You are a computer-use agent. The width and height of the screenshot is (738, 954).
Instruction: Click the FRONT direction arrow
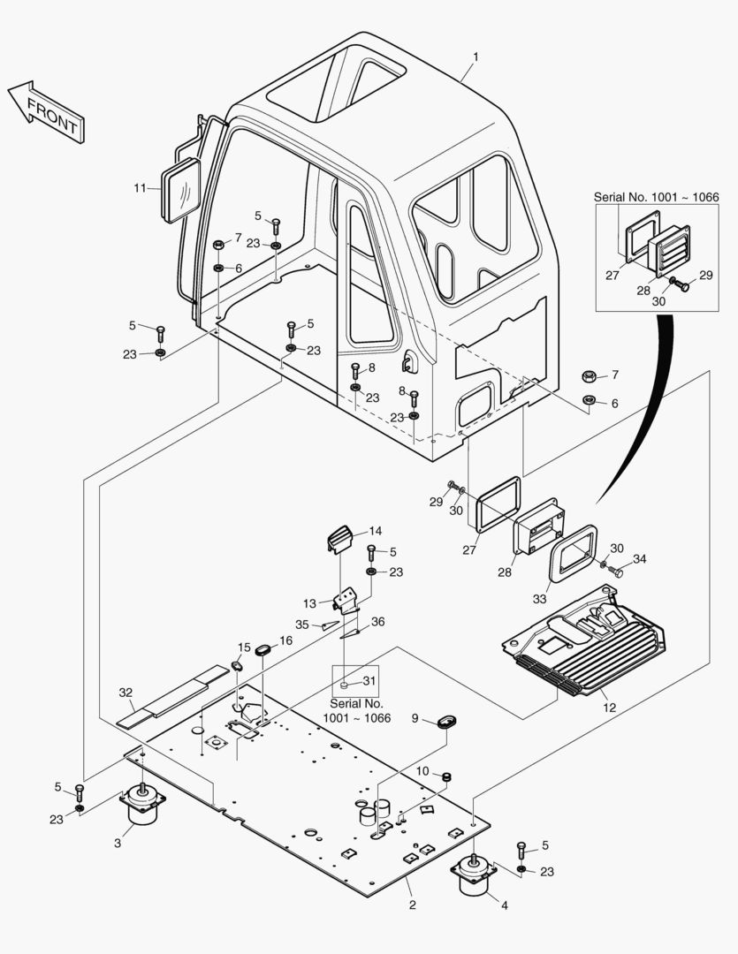coord(47,110)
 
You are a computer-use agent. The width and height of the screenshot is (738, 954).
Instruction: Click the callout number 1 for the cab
coord(475,57)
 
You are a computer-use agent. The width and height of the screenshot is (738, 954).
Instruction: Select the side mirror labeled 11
coord(181,189)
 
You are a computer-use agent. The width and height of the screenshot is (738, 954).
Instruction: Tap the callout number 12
coord(607,706)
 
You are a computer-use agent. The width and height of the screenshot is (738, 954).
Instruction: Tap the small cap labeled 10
coord(447,777)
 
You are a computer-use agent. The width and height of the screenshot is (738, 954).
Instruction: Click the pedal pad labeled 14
coord(340,536)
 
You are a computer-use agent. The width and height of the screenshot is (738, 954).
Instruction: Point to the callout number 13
coord(310,603)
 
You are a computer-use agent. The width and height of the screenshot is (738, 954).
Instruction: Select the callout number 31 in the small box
coord(369,681)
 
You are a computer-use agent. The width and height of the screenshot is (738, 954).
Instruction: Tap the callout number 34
coord(639,558)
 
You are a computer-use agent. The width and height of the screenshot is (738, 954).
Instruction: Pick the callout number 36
coord(377,622)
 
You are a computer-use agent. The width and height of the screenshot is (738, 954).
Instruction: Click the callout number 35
coord(302,625)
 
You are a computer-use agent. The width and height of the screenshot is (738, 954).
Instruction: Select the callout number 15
coord(244,647)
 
